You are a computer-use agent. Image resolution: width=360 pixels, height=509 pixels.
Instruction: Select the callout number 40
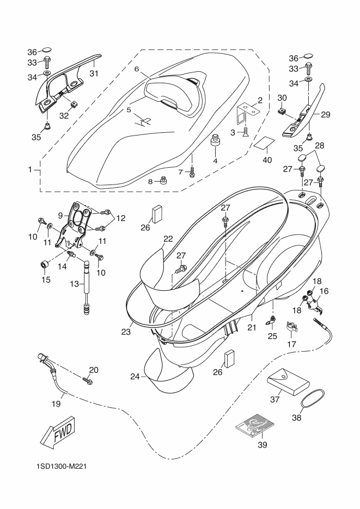tap(267, 160)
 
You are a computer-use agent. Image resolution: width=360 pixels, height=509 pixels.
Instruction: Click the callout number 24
tap(135, 376)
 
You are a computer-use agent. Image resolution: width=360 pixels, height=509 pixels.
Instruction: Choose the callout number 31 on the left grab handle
tap(93, 74)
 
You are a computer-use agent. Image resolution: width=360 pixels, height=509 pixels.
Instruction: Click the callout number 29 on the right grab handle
tap(326, 115)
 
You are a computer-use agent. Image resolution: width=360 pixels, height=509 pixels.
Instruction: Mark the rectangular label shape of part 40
tap(265, 144)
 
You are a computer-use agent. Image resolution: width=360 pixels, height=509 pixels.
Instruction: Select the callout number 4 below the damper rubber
tap(215, 161)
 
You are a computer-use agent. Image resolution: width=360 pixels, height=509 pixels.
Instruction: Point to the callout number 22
tap(168, 238)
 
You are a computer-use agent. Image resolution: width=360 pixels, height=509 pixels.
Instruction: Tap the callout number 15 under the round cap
tap(46, 280)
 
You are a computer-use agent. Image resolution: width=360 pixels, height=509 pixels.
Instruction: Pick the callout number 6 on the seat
tap(137, 70)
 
